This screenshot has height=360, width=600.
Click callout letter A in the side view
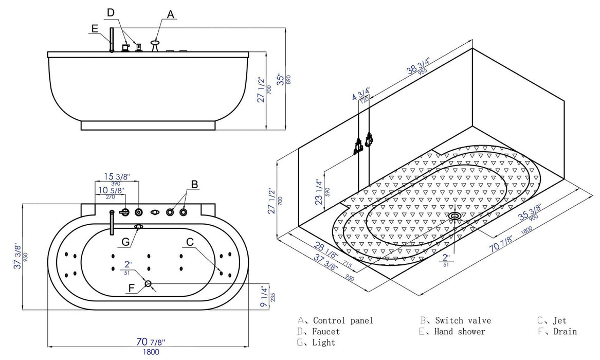[171, 15]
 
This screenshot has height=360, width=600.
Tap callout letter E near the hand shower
[94, 29]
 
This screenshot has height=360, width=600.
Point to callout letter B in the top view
[195, 184]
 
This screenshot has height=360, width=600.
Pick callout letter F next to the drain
[131, 289]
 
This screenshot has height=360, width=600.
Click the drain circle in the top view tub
[148, 283]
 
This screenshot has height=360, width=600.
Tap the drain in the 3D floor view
[454, 216]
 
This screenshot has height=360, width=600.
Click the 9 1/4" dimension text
[264, 297]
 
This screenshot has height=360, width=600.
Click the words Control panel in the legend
[343, 320]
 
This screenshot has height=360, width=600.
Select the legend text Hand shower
[459, 332]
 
